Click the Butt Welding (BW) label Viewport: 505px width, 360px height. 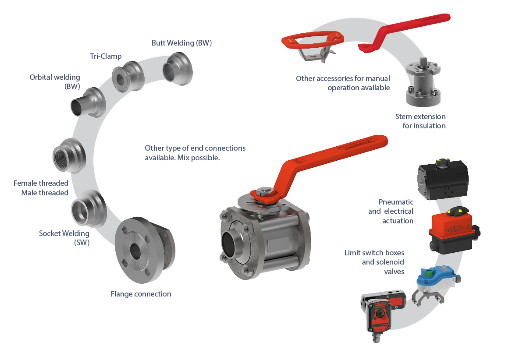(x=181, y=43)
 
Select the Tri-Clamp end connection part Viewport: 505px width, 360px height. (x=128, y=77)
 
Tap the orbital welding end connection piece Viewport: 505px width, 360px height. (x=88, y=102)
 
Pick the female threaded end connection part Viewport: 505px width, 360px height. (x=69, y=156)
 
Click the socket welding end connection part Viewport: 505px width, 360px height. (x=89, y=208)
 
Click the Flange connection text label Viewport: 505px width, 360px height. (x=141, y=294)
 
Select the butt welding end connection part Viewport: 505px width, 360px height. (x=178, y=69)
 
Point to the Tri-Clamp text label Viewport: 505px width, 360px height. (x=106, y=56)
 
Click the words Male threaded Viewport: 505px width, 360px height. (x=45, y=193)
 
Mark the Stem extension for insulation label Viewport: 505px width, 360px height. (x=420, y=121)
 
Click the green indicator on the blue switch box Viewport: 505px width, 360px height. (x=429, y=274)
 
